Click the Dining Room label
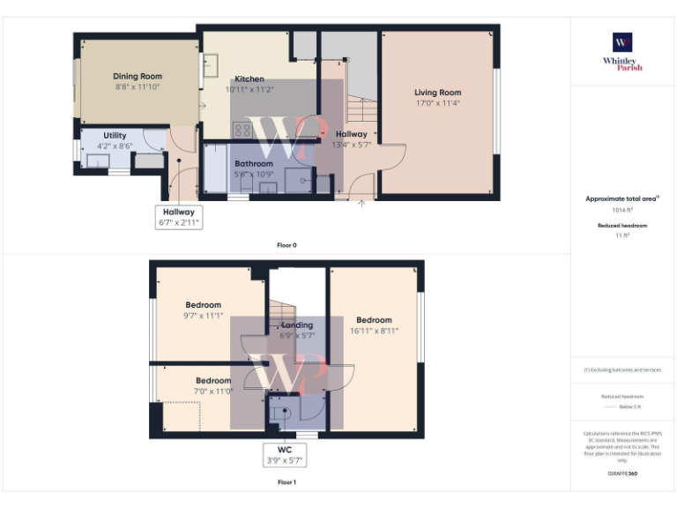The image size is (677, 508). click(138, 77)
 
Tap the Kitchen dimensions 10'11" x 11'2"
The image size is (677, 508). click(249, 90)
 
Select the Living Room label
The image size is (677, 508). click(438, 93)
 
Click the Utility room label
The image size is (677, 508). click(115, 136)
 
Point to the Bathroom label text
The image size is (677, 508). click(254, 164)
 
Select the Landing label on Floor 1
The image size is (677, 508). click(297, 325)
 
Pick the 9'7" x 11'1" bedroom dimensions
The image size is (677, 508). click(204, 316)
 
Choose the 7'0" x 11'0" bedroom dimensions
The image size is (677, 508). click(213, 391)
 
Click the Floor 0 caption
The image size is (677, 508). click(286, 245)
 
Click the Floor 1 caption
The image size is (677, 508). click(286, 482)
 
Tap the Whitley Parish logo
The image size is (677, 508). click(622, 52)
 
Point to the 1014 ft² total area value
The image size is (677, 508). click(622, 210)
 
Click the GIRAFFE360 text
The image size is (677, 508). click(622, 474)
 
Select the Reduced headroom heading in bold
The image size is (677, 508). click(622, 226)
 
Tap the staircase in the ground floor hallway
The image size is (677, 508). click(360, 109)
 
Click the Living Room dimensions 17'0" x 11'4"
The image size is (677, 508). click(438, 103)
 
